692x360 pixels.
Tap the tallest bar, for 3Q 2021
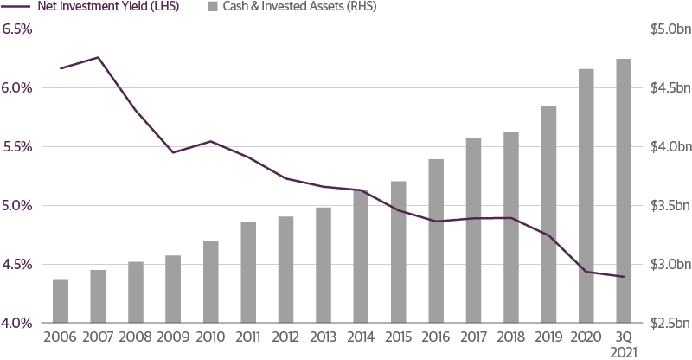pyautogui.click(x=624, y=190)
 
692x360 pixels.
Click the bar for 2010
pyautogui.click(x=210, y=281)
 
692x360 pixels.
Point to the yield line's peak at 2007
pyautogui.click(x=98, y=58)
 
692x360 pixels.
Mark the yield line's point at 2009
pyautogui.click(x=173, y=152)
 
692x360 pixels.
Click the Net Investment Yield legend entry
pyautogui.click(x=102, y=7)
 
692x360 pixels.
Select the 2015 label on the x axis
pyautogui.click(x=398, y=336)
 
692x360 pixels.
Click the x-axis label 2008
pyautogui.click(x=135, y=336)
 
